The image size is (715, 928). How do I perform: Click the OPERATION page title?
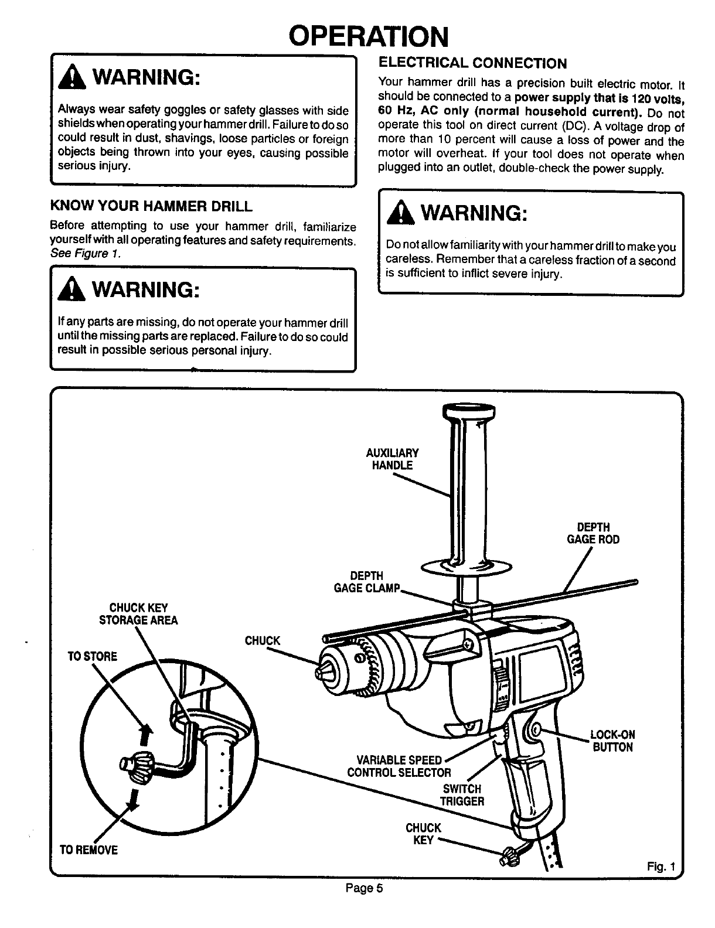(369, 36)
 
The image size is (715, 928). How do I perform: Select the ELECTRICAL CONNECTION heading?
(473, 63)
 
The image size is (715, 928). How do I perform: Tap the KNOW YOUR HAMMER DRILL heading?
(152, 206)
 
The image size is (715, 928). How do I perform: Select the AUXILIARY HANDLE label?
(392, 459)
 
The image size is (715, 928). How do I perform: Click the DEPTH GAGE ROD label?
(593, 533)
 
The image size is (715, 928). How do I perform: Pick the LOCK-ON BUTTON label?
(612, 741)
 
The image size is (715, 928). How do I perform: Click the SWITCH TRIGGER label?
(462, 795)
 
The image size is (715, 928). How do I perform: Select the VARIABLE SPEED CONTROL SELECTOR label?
(399, 766)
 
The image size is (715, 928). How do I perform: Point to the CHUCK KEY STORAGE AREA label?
(138, 614)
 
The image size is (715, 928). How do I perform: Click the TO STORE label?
(93, 656)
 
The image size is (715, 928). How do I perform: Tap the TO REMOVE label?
(88, 849)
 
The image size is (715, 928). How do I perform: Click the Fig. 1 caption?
(662, 866)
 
